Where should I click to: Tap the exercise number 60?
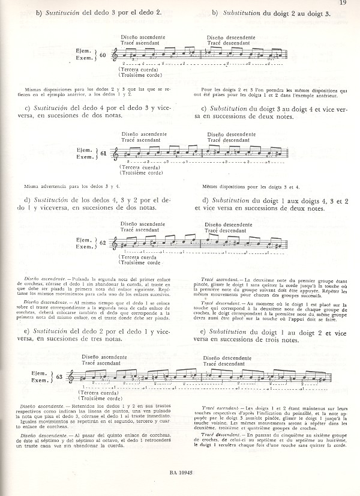103,55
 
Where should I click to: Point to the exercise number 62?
103,243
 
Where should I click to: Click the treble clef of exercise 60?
115,56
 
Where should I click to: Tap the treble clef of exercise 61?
115,154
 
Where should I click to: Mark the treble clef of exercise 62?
115,244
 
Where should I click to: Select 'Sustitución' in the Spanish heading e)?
53,331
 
